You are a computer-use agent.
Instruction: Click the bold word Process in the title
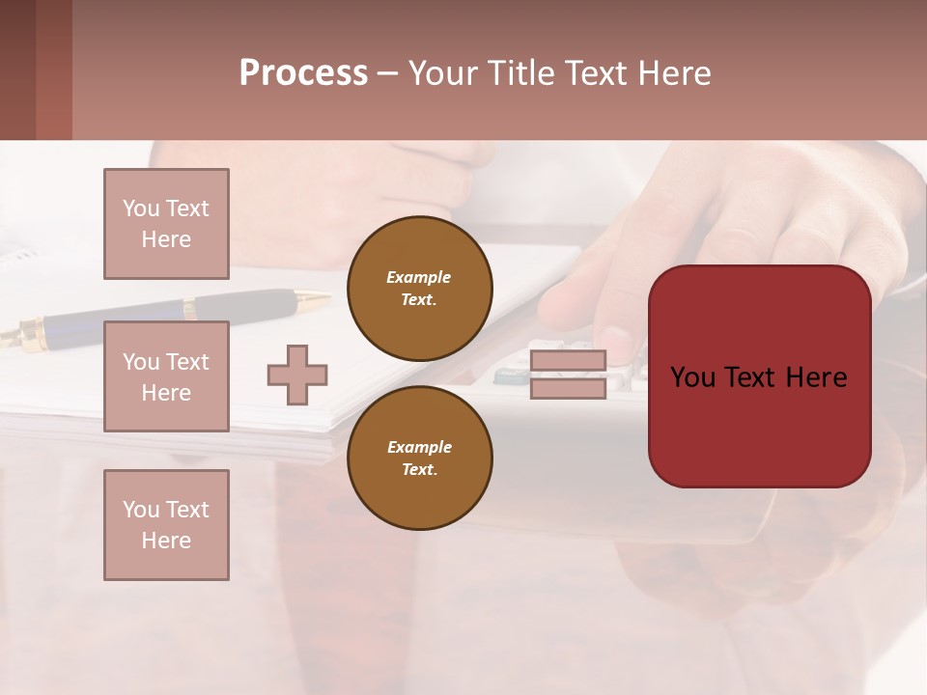coord(303,73)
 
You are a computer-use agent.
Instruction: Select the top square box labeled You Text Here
coord(166,224)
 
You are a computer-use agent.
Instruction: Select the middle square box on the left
coord(166,376)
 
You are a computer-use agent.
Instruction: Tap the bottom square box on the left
coord(166,525)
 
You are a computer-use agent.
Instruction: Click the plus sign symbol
coord(297,375)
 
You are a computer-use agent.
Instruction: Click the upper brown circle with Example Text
coord(419,288)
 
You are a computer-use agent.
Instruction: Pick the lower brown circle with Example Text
coord(419,458)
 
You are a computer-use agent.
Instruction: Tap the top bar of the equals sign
coord(568,360)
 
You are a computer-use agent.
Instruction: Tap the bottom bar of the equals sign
coord(568,388)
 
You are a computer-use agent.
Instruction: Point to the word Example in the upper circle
coord(418,277)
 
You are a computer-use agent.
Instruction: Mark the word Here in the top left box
coord(166,239)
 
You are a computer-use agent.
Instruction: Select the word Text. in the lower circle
coord(419,469)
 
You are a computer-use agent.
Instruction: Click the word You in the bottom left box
coord(141,510)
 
